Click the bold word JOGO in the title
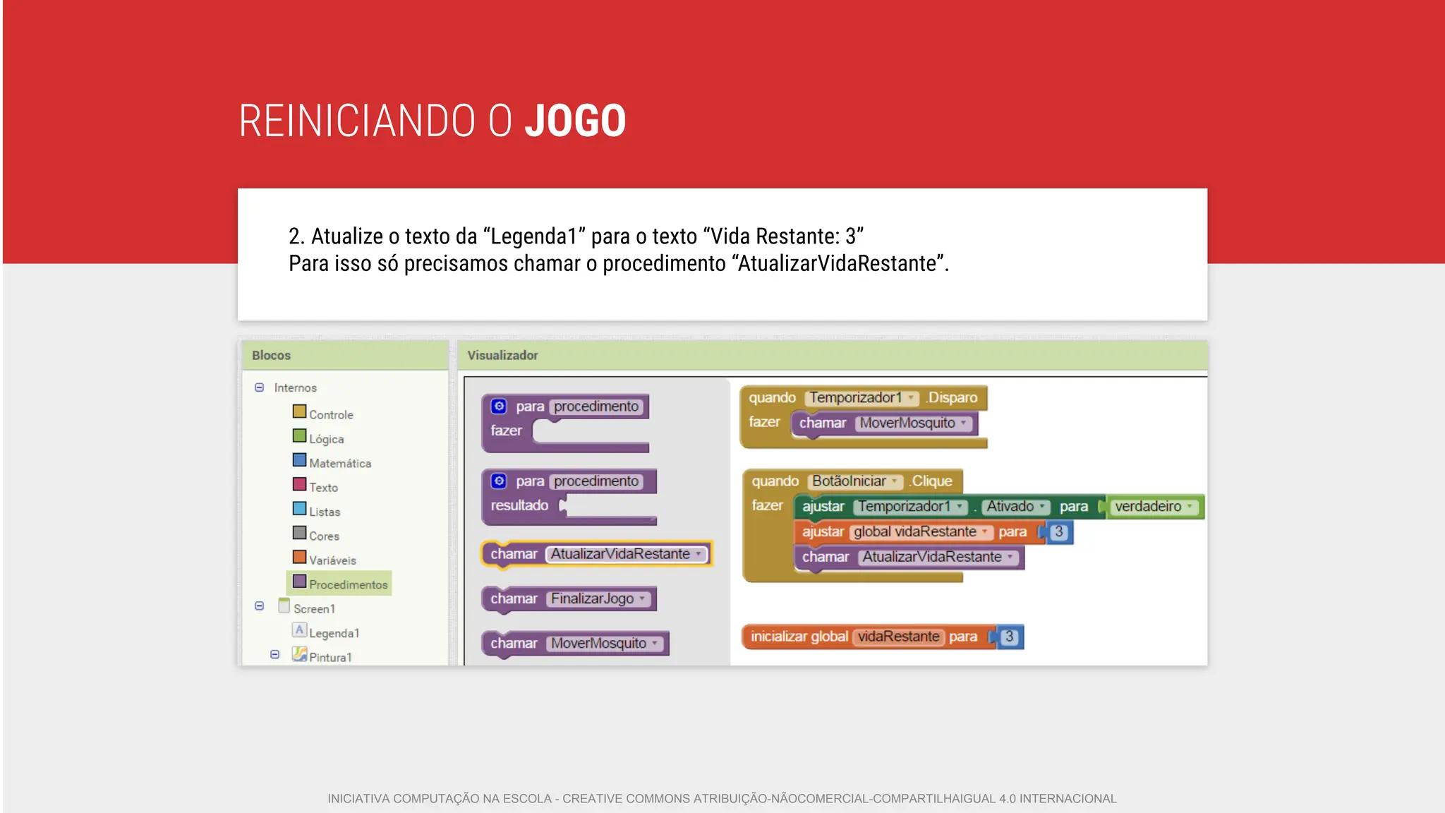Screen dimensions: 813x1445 point(575,121)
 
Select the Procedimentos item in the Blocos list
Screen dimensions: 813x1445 point(347,584)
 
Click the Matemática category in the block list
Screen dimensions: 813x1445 point(339,463)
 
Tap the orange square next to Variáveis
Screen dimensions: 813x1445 point(300,558)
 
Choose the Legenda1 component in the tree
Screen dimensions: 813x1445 point(334,633)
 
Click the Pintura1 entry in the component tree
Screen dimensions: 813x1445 point(329,657)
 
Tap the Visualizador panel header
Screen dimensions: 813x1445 point(502,356)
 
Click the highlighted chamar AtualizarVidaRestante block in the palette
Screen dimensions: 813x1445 point(597,554)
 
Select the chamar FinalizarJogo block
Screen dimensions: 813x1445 point(569,598)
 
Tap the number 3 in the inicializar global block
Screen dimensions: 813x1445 point(1009,637)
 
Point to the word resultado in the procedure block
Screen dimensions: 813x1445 point(519,505)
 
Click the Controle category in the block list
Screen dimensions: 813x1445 point(330,414)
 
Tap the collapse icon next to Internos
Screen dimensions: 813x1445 point(260,387)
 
